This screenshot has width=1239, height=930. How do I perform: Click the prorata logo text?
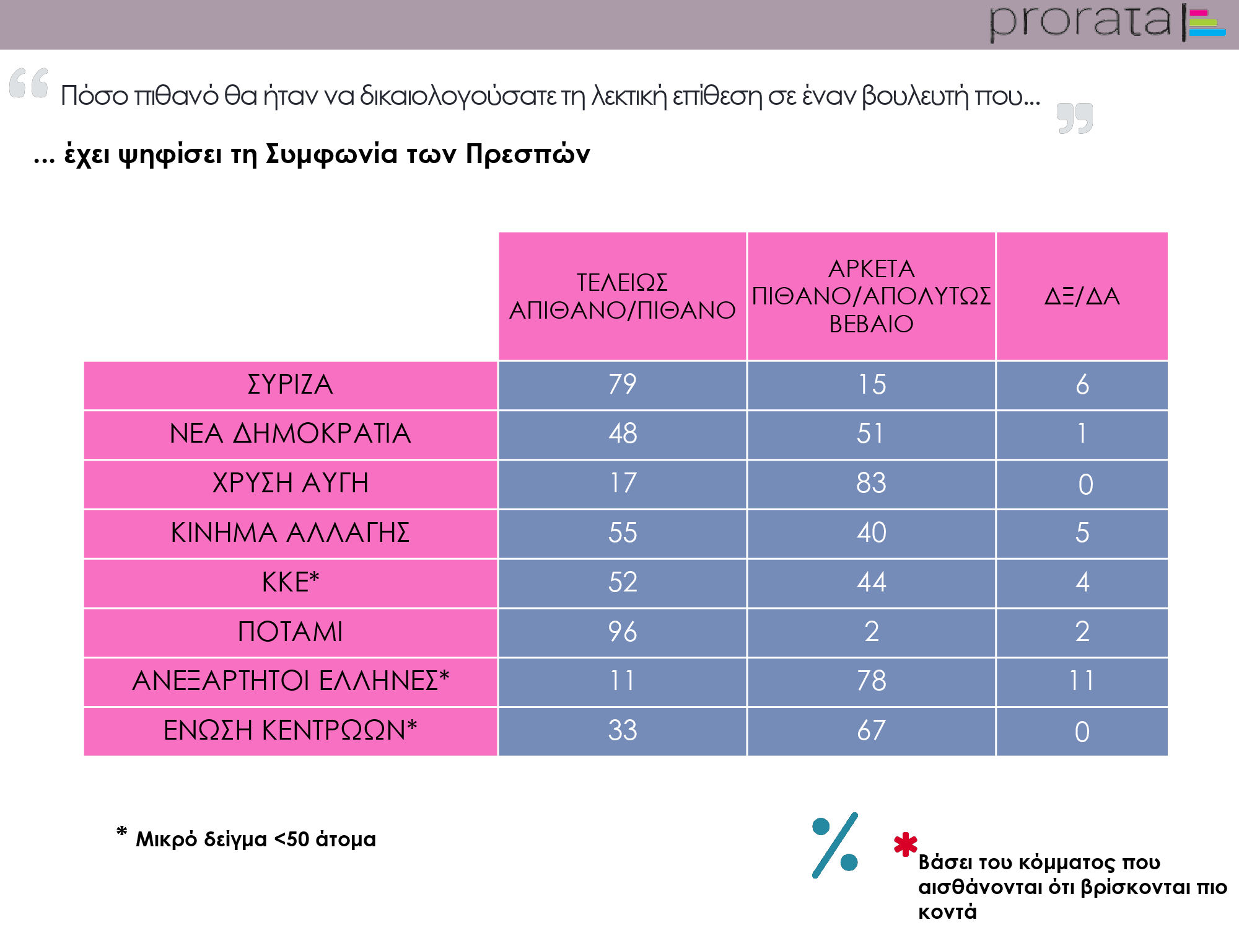point(1080,22)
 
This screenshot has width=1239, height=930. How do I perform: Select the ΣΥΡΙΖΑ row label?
point(290,385)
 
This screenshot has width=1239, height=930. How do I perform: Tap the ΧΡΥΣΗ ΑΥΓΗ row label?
point(290,484)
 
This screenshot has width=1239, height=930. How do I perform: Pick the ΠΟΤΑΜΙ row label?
point(290,632)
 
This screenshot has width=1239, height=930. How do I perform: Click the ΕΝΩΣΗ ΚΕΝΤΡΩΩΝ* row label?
point(290,731)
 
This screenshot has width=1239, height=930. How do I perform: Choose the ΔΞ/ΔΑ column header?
point(1082,296)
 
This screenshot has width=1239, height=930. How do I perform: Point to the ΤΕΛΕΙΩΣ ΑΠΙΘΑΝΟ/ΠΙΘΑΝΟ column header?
point(622,296)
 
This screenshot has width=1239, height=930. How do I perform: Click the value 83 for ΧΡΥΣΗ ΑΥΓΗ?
point(871,484)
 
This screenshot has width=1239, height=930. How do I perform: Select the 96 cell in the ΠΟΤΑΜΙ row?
point(622,632)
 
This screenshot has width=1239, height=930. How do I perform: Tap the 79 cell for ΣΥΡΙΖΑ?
point(622,385)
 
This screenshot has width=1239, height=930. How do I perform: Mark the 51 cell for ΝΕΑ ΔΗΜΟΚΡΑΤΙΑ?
point(871,434)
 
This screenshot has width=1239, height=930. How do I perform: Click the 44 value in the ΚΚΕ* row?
point(871,583)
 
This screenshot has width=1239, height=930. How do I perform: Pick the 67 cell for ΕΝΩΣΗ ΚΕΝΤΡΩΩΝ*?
point(871,731)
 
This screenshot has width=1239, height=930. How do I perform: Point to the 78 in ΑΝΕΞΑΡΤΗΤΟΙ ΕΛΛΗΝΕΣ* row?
point(871,681)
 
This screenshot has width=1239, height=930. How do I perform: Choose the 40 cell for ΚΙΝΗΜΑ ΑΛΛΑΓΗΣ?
point(871,533)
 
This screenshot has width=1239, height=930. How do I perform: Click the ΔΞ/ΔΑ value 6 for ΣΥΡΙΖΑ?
point(1082,385)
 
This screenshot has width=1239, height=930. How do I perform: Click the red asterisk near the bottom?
point(905,844)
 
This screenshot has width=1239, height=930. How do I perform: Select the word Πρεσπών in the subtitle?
point(528,154)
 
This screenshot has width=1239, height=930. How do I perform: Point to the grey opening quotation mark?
point(29,83)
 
